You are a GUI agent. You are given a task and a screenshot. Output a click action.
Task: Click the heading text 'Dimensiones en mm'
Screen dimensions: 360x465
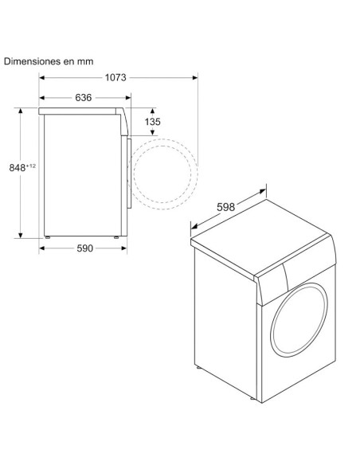(x=49, y=61)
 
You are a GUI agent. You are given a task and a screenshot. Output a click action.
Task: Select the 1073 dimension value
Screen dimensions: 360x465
(x=115, y=78)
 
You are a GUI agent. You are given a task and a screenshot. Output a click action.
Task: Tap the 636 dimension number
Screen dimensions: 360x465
(x=84, y=98)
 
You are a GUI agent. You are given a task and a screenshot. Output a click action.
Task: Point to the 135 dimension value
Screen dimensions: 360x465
(x=152, y=122)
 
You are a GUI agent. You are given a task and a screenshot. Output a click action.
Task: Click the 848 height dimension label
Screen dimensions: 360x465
(x=18, y=168)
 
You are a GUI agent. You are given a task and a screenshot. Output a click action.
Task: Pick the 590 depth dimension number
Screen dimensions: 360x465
(x=84, y=248)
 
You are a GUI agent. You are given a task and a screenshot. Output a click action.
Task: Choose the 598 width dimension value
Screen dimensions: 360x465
(x=226, y=207)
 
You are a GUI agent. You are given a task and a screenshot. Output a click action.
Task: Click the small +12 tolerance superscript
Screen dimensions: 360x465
(x=31, y=166)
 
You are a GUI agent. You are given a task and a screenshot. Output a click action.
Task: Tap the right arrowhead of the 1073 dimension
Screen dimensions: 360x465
(x=195, y=78)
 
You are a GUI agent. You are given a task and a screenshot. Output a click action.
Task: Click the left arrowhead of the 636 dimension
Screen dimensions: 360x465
(x=41, y=98)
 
